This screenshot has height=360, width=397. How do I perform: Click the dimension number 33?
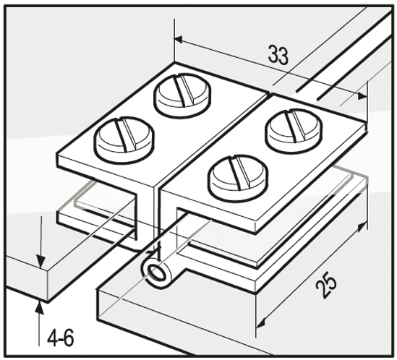[278, 55]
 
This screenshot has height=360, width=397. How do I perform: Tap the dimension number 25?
[326, 284]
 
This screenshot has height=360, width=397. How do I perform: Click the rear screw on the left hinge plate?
[182, 95]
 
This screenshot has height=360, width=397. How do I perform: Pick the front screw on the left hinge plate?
[124, 140]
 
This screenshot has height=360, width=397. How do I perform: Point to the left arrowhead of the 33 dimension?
[178, 40]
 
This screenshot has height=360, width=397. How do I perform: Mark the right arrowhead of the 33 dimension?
[362, 96]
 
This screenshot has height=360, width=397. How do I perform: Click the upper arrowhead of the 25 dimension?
[362, 226]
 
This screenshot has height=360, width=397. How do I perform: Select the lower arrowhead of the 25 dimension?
[260, 324]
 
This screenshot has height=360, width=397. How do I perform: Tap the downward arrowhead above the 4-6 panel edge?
[40, 262]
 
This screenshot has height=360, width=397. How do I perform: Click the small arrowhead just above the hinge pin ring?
[153, 252]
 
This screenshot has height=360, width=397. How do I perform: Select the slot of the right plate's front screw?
[240, 173]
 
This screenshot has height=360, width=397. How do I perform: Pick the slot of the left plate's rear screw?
[185, 90]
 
